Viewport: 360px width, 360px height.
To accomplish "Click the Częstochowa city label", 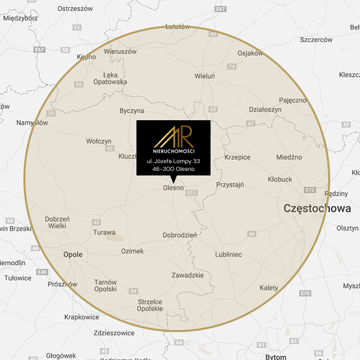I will pos(317,209).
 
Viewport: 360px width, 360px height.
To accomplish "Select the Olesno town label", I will pos(173,188).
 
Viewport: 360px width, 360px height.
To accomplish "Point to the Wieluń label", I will pos(204,76).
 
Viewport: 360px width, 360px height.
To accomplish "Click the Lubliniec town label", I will pos(228,255).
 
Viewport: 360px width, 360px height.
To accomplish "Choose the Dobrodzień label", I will pos(180,236).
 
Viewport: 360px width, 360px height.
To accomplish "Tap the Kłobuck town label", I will pos(281,179).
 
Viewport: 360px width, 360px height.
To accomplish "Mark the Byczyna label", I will pos(132,111).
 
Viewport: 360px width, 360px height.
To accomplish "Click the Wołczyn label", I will pos(99,141).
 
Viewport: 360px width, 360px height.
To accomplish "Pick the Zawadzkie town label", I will pos(188,275).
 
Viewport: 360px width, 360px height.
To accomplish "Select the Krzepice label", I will pos(237,157).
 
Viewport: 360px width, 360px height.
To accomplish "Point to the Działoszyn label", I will pos(265,110).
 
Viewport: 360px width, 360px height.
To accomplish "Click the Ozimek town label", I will pos(132,251).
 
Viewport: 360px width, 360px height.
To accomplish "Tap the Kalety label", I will pos(268,287).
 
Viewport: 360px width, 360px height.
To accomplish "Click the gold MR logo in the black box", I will pos(173,136).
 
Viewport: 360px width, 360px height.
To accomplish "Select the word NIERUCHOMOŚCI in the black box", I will pos(173,151).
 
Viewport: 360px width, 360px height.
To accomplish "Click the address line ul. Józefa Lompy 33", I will pos(173,161).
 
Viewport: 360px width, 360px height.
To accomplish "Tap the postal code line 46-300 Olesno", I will pos(173,168).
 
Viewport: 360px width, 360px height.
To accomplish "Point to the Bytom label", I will pos(276,357).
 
